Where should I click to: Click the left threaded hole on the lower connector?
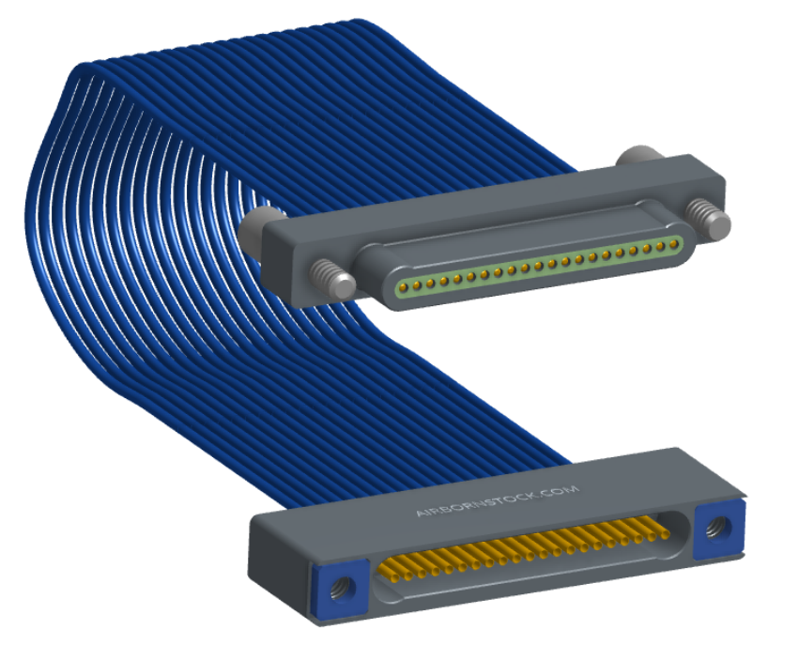340,588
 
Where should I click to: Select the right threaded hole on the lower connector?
717,528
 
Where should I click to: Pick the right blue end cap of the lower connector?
719,529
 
